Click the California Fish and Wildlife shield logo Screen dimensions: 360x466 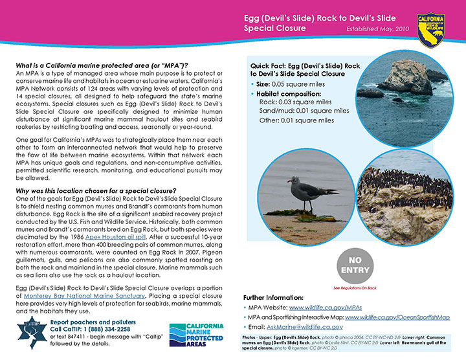[x=430, y=28]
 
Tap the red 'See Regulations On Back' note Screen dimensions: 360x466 [x=355, y=287]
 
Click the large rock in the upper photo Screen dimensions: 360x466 [x=405, y=77]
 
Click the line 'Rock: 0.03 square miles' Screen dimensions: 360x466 [x=295, y=102]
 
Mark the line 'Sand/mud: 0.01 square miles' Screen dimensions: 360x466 [x=304, y=111]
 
